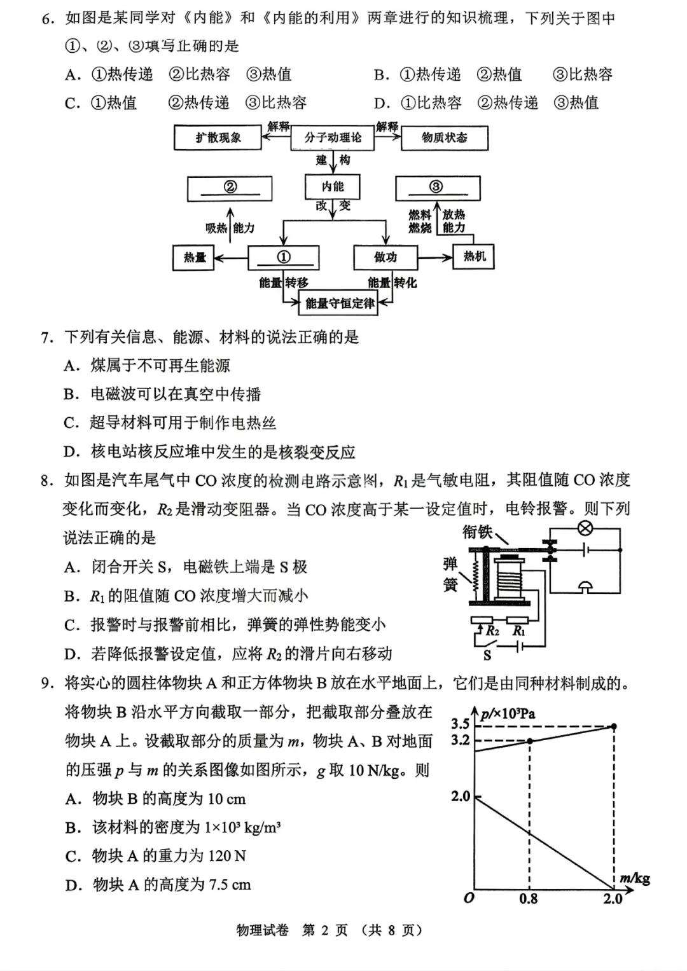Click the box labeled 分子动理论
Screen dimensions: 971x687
tap(332, 137)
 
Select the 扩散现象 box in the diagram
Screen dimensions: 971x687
tap(218, 137)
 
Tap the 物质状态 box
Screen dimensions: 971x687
tap(444, 137)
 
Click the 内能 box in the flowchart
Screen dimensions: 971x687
tap(332, 186)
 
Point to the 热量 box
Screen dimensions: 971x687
tap(195, 258)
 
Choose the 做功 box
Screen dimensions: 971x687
tap(385, 257)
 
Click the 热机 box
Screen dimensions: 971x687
tap(474, 256)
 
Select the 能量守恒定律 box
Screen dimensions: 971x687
tap(340, 303)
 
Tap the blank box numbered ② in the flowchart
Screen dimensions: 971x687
tap(230, 188)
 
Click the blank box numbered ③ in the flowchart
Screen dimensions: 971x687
tap(437, 188)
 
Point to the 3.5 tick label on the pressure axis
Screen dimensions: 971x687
tap(460, 724)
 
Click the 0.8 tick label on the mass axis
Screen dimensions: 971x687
tap(528, 899)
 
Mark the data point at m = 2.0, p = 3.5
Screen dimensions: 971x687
tap(614, 726)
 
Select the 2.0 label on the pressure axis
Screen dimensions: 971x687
tap(460, 796)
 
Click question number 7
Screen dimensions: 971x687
tap(47, 337)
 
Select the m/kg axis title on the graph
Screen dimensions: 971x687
tap(634, 879)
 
